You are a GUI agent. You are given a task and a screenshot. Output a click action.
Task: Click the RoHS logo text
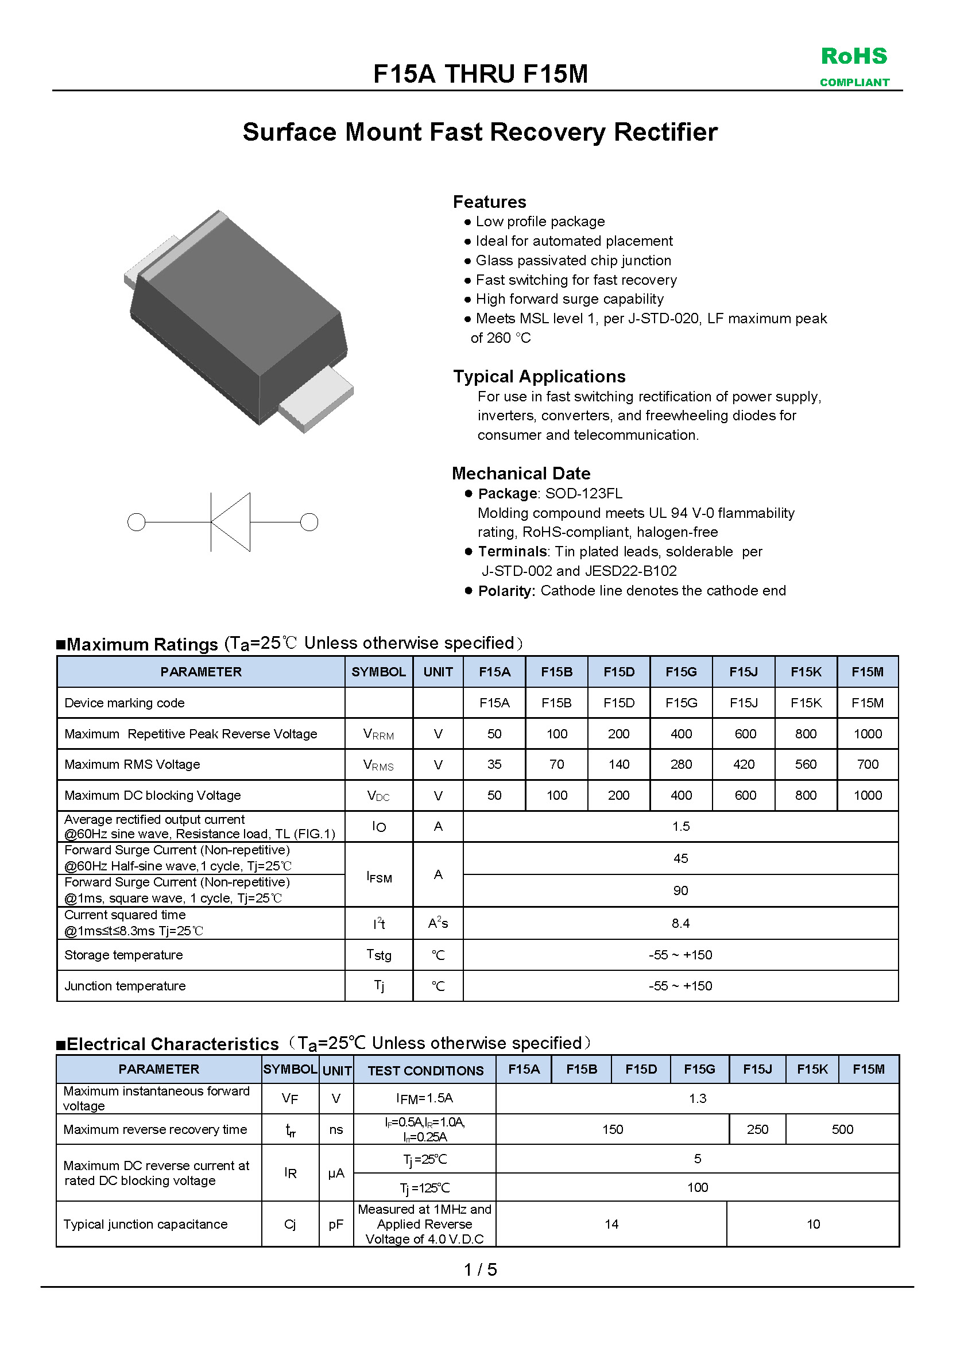click(x=854, y=56)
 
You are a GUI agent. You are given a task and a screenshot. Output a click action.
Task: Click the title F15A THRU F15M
click(x=480, y=74)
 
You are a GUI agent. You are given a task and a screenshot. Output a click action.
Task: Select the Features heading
click(x=489, y=202)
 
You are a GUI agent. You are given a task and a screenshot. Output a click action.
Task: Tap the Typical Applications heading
click(x=539, y=377)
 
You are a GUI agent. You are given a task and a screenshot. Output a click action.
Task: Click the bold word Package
click(x=508, y=493)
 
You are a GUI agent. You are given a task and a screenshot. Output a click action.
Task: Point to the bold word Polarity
click(x=506, y=591)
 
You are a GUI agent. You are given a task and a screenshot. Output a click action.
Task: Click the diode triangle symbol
click(x=231, y=522)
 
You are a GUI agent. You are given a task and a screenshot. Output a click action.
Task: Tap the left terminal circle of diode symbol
click(x=137, y=522)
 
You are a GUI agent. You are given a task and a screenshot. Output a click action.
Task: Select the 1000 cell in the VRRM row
click(x=867, y=734)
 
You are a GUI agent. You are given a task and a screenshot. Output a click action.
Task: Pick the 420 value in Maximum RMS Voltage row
click(x=744, y=765)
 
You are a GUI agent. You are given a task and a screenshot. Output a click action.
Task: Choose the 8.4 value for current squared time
click(x=680, y=923)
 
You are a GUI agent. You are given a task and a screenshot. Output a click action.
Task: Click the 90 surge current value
click(x=680, y=890)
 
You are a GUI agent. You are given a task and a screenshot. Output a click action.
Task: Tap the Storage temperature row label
click(x=123, y=955)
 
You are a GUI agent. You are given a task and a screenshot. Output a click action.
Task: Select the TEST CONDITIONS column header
click(x=425, y=1070)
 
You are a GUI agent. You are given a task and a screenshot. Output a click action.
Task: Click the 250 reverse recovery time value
click(x=757, y=1129)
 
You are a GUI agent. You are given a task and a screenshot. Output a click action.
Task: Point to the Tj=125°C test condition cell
click(x=425, y=1187)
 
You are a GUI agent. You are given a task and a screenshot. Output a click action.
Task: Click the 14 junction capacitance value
click(x=611, y=1224)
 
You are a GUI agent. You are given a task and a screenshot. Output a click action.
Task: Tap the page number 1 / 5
click(x=480, y=1269)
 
